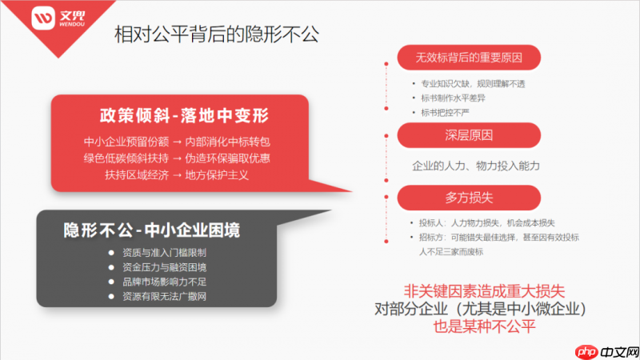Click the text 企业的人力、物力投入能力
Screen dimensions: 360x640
point(476,166)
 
